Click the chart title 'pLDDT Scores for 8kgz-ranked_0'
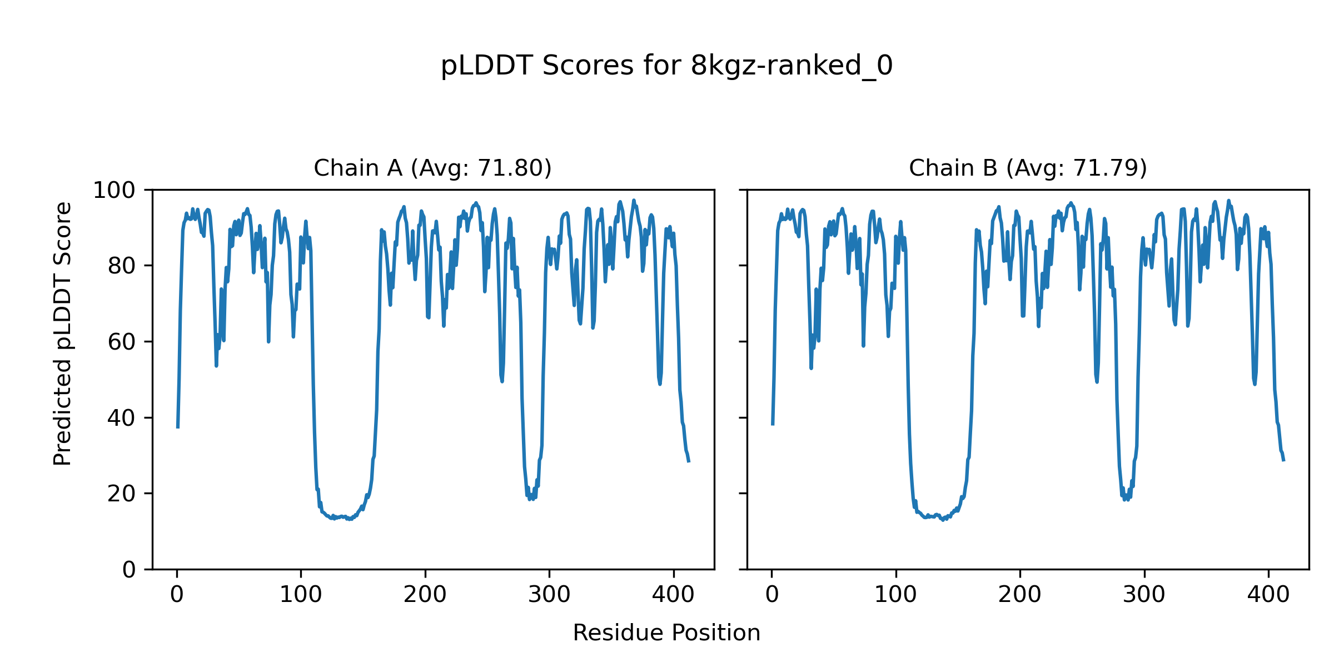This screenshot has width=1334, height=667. coord(666,66)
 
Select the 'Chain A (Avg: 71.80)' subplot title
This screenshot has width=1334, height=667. coord(432,168)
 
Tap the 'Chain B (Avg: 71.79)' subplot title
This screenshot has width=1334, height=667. coord(1028,168)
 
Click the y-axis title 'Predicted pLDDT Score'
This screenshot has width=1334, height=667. coord(63,333)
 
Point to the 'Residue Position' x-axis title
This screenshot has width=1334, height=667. coord(666,633)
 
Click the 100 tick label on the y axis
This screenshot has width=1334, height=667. coord(114,191)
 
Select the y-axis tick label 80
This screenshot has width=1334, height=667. coord(122,266)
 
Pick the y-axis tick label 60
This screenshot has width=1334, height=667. coord(122,342)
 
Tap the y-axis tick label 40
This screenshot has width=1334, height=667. coord(122,418)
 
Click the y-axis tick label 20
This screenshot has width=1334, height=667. coord(122,494)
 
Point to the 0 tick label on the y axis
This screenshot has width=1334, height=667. coord(129,570)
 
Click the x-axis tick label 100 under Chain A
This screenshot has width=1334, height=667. coord(301,595)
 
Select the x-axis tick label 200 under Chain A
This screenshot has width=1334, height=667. coord(425,595)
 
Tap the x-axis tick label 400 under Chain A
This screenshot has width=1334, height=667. coord(673,595)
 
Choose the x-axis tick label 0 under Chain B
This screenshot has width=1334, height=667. coord(772,595)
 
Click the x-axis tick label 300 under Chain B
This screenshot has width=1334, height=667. coord(1144,595)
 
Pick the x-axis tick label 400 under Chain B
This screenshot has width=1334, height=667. coord(1268,595)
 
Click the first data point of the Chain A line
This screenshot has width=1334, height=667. coord(177,427)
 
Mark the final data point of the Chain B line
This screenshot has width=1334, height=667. coord(1283,461)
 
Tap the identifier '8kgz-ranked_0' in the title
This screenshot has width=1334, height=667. coord(792,66)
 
